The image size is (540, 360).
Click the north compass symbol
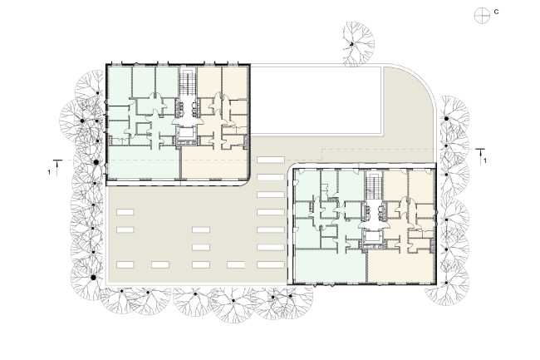pyautogui.click(x=479, y=14)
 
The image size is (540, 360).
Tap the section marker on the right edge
pyautogui.click(x=481, y=153)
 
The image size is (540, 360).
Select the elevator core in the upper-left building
pyautogui.click(x=186, y=133)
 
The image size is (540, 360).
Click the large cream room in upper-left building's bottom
pyautogui.click(x=214, y=161)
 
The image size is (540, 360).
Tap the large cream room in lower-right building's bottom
pyautogui.click(x=401, y=266)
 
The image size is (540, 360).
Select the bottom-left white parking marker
pyautogui.click(x=125, y=264)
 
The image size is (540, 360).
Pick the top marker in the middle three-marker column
pyautogui.click(x=200, y=229)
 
